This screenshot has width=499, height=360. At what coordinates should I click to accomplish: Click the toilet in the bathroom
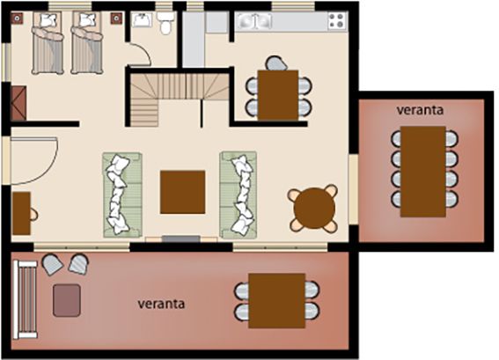click(165, 23)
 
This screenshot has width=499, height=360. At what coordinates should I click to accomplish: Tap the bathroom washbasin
click(142, 19)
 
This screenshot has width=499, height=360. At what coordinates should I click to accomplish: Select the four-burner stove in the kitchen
click(337, 21)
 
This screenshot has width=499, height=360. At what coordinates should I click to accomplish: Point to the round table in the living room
click(314, 209)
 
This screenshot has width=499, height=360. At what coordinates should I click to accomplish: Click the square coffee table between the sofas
click(182, 192)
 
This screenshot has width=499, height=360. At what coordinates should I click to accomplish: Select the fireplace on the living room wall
click(181, 239)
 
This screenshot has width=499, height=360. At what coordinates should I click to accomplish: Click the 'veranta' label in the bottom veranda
click(161, 304)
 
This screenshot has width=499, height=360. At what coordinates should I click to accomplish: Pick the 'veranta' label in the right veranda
click(420, 110)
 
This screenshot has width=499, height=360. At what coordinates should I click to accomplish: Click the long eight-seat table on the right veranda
click(423, 172)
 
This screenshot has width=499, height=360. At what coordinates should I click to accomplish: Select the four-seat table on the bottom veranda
click(277, 300)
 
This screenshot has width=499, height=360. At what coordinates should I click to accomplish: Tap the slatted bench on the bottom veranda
click(26, 299)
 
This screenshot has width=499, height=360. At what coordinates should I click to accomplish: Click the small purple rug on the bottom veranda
click(67, 300)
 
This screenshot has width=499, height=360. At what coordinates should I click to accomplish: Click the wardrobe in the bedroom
click(18, 104)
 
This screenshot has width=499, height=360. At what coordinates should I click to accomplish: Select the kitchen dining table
click(278, 95)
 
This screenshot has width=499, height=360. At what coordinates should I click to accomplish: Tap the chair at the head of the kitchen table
click(276, 63)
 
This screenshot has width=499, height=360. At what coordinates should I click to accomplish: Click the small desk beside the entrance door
click(21, 213)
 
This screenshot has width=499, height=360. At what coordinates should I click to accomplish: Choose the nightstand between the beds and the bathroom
click(116, 18)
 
